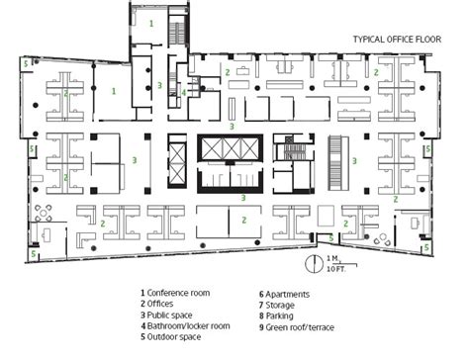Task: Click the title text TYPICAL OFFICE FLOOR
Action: tap(397, 40)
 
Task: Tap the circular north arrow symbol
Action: tap(314, 264)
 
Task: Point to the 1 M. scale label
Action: tap(333, 258)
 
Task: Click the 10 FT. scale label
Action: tap(336, 269)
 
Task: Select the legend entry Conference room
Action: tap(175, 293)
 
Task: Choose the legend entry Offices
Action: tap(156, 304)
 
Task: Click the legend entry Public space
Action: tap(166, 315)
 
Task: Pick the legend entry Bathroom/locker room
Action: tap(185, 325)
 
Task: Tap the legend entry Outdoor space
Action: tap(170, 336)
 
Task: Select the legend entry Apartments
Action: tap(284, 294)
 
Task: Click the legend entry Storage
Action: tap(277, 305)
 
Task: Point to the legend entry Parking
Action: tap(276, 315)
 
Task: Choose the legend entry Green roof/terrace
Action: tap(297, 327)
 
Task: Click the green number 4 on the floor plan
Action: tap(184, 93)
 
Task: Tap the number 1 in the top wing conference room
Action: tap(151, 24)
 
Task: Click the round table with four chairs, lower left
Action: tap(44, 213)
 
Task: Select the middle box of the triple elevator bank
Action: tap(232, 149)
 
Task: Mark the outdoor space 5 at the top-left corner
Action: tap(26, 63)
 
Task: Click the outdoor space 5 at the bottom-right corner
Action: tap(426, 247)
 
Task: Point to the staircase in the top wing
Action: tap(177, 33)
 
